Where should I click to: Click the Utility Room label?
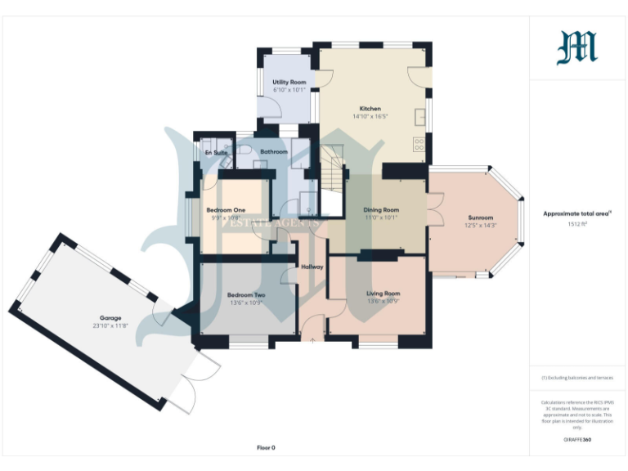(x=289, y=83)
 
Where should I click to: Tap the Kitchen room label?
(x=370, y=109)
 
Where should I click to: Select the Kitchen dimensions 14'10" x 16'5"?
(x=370, y=117)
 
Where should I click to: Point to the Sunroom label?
(x=480, y=218)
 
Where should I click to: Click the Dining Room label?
(x=381, y=210)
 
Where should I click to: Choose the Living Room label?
(x=382, y=294)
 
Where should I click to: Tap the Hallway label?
(x=312, y=267)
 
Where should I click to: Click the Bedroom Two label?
(x=246, y=294)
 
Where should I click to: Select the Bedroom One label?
(x=226, y=209)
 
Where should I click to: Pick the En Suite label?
(x=216, y=151)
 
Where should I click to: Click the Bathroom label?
(x=274, y=151)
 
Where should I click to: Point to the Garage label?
(x=111, y=317)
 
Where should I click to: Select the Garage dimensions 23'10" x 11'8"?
(x=111, y=325)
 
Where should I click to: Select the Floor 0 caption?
(x=266, y=447)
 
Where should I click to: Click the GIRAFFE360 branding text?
(x=577, y=441)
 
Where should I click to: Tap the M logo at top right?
(x=577, y=47)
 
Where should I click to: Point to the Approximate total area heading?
(x=576, y=213)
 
